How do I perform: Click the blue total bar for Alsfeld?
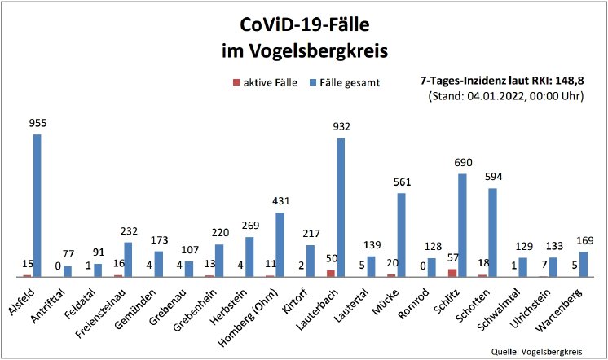coord(37,205)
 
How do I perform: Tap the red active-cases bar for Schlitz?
coord(452,272)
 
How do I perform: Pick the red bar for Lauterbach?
coord(330,273)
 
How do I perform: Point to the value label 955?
coord(37,124)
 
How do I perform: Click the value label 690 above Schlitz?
coord(462,163)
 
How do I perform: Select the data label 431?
coord(280,201)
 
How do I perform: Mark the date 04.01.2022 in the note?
coord(489,96)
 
